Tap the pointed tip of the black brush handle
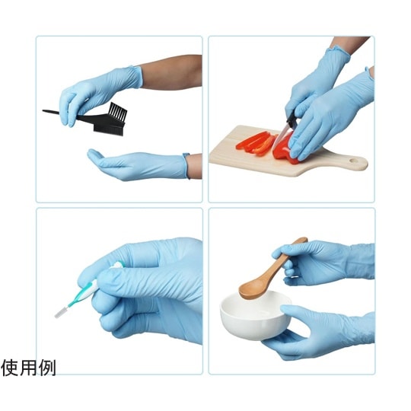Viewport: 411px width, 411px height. click(x=43, y=111)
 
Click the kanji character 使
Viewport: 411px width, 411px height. click(x=10, y=368)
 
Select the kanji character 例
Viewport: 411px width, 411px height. click(x=47, y=368)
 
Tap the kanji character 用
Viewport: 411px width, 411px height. click(x=29, y=368)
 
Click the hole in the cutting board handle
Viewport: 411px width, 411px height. click(x=353, y=160)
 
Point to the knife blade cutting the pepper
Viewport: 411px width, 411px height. click(x=280, y=138)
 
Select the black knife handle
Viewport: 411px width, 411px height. click(x=292, y=120)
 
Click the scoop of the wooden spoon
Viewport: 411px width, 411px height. click(x=252, y=291)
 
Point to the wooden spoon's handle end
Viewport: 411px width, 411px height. click(x=303, y=239)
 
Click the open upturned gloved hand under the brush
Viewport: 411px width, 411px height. click(x=138, y=165)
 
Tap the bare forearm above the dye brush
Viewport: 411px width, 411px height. click(x=172, y=72)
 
